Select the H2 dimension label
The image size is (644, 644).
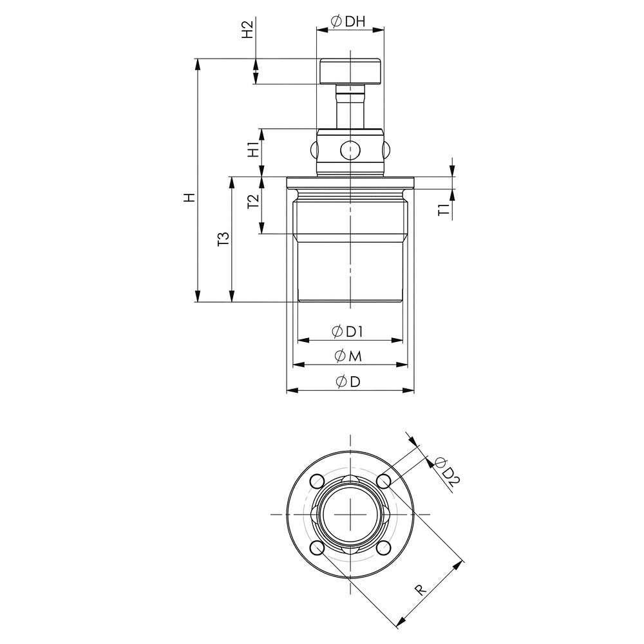point(247,30)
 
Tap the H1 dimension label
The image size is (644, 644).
point(254,151)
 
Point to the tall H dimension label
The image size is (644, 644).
point(189,198)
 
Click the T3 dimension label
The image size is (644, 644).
point(223,240)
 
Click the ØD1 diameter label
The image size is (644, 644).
point(348,332)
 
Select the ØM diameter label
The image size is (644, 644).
point(348,357)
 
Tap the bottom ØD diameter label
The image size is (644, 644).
point(348,382)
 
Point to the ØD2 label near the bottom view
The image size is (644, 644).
point(447,471)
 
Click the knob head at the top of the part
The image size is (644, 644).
point(350,71)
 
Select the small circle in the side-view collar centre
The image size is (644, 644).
point(350,149)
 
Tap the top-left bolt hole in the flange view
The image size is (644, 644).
point(317,481)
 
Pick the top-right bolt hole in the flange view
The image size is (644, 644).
point(384,481)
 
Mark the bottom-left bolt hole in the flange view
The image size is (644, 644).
point(317,548)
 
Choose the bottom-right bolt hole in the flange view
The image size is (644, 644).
point(384,548)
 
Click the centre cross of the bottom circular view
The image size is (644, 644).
point(350,515)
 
